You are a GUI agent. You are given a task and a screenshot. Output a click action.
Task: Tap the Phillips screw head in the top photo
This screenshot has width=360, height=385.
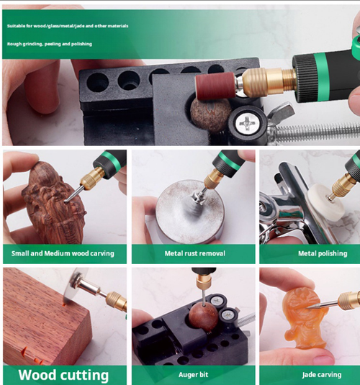246,122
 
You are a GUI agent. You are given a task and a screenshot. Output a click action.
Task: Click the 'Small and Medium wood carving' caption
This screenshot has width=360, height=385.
63,253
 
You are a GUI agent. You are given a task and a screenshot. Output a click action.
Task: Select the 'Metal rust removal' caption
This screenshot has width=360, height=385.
194,253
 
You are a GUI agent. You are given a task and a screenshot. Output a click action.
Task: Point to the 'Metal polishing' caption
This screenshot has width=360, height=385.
323,253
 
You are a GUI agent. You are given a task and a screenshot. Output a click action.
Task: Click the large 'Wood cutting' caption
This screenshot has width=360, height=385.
63,375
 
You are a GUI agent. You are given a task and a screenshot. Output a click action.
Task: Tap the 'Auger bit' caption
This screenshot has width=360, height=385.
194,375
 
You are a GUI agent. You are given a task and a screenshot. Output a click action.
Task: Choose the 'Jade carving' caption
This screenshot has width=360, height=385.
322,375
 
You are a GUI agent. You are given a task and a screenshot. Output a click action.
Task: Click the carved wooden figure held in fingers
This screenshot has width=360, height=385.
55,202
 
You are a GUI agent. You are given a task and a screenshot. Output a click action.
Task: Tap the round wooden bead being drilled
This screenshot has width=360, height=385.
203,315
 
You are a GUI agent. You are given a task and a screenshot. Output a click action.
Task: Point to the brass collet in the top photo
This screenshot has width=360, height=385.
268,81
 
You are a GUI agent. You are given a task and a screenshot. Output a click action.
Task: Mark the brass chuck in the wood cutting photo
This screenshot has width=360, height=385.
116,301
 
